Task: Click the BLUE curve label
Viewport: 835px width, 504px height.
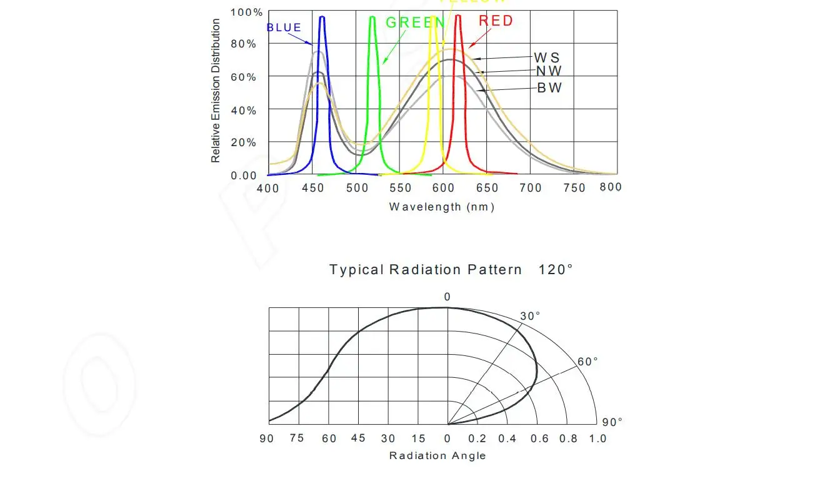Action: coord(284,27)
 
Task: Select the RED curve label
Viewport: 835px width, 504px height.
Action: coord(496,21)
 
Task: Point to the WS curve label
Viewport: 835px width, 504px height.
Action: coord(547,58)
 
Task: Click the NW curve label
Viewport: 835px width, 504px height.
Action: coord(549,71)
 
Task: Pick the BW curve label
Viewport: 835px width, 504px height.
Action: coord(549,88)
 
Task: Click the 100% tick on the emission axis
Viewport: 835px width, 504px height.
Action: coord(246,12)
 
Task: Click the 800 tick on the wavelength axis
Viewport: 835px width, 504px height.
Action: coord(611,187)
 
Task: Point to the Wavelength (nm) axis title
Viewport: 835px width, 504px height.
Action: coord(441,207)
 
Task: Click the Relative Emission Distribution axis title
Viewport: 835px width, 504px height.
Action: coord(216,91)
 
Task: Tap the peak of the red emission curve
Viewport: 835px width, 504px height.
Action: coord(458,16)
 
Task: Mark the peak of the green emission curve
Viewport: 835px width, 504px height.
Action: coord(372,17)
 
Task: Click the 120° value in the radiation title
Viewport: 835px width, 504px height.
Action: coord(556,270)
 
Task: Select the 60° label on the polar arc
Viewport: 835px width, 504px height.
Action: coord(587,362)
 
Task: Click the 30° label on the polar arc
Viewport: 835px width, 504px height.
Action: coord(530,316)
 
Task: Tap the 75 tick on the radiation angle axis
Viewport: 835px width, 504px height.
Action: coord(297,438)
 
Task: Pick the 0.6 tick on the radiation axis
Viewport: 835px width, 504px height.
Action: coord(539,438)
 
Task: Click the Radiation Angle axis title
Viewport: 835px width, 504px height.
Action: coord(437,455)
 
